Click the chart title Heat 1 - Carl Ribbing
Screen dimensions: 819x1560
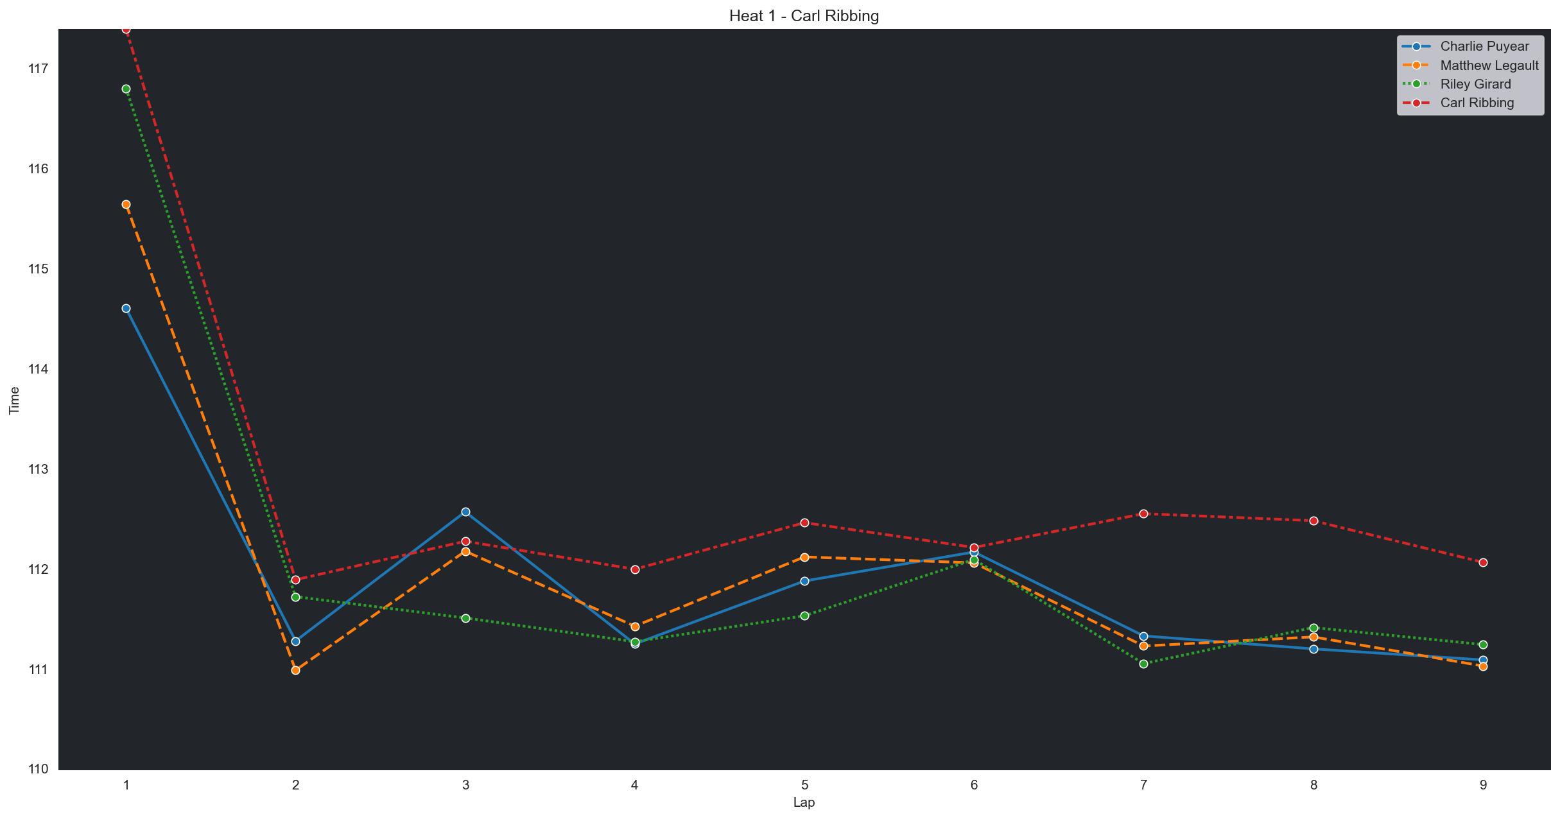(x=804, y=16)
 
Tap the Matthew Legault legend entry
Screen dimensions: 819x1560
(x=1489, y=65)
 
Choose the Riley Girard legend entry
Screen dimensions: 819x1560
(x=1475, y=84)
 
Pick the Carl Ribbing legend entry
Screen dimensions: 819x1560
(x=1477, y=103)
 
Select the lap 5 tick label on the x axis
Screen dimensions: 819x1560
(x=804, y=784)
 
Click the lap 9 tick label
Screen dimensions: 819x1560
(x=1483, y=784)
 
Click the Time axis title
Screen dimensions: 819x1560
(x=15, y=401)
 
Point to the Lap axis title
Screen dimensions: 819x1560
(x=804, y=802)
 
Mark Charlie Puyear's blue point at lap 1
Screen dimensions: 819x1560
(x=126, y=309)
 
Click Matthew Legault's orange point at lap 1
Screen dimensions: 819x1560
(x=126, y=205)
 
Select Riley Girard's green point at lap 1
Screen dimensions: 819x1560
(x=126, y=89)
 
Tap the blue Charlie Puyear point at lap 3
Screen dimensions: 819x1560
(x=465, y=512)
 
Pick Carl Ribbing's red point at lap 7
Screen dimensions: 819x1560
(x=1143, y=513)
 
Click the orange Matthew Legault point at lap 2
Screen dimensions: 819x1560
(x=295, y=670)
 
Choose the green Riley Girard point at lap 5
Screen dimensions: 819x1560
(x=804, y=616)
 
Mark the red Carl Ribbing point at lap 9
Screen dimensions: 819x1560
(x=1483, y=562)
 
